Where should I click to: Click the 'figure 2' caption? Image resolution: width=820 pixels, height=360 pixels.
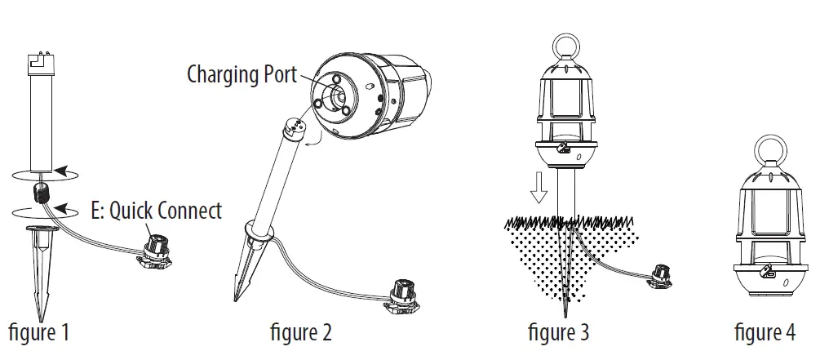(301, 333)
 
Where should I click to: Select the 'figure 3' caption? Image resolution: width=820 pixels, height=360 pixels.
(558, 333)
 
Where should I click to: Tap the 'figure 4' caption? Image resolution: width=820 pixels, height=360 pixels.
(765, 333)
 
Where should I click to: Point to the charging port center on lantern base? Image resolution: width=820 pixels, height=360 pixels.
(335, 95)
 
